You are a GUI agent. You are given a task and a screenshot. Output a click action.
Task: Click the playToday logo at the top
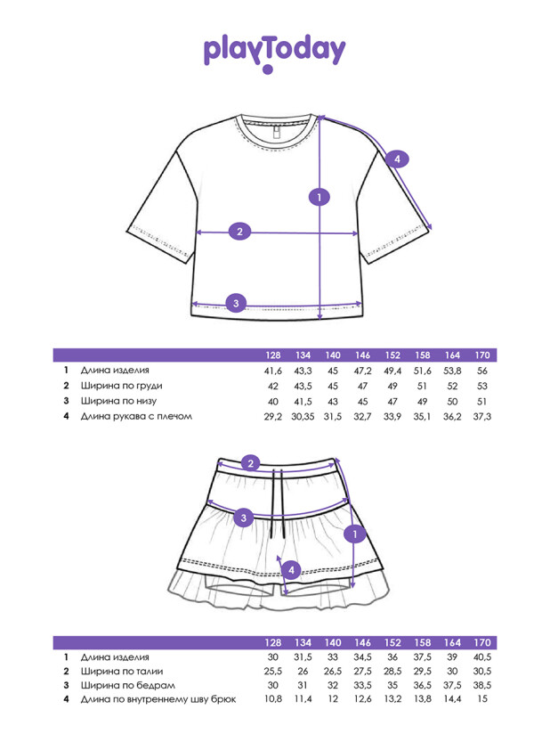coord(274,53)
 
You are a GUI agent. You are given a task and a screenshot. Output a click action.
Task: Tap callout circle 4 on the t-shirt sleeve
coord(397,159)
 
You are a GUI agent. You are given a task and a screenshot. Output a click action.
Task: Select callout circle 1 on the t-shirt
coord(319,197)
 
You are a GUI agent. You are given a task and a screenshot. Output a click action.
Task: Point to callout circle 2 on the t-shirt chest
coord(240,232)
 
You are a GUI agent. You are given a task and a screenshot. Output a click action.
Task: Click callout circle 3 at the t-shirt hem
coord(236,303)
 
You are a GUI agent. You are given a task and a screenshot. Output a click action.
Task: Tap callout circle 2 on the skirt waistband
coord(251,463)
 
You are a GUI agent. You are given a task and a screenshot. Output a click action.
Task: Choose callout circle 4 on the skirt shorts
coord(291,570)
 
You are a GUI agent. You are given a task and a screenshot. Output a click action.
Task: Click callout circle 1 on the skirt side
coord(355,534)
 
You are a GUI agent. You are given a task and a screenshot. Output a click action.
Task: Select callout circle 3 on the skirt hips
coord(243,518)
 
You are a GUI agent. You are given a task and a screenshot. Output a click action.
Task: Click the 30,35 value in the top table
coord(303,417)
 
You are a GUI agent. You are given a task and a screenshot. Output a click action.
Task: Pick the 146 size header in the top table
coord(362,355)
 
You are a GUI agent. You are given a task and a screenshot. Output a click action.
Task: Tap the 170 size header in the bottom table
coord(482,643)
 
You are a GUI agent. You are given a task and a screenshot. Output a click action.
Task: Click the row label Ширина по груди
coord(122,386)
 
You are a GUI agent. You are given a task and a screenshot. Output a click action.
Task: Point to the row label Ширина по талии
coord(122,672)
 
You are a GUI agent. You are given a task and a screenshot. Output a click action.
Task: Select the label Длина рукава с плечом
coord(136,416)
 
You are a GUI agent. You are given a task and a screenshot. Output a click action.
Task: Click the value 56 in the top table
coord(482,371)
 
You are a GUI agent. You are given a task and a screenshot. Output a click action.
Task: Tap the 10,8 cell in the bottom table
coord(272,699)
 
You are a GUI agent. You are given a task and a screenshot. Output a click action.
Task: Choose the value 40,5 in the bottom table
coord(482,657)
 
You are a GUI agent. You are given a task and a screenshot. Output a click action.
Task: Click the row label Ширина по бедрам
coord(127,685)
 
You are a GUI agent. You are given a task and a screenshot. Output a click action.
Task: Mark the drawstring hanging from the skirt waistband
coord(279,503)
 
